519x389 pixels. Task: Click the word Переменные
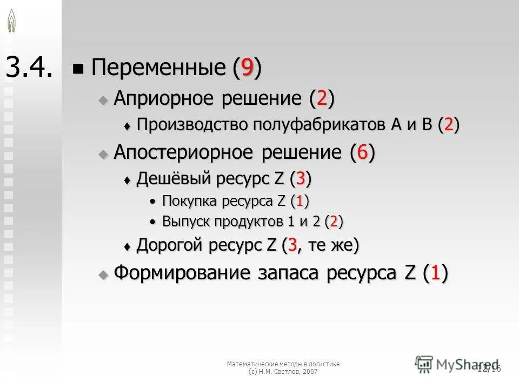click(x=158, y=68)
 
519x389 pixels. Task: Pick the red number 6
click(x=362, y=153)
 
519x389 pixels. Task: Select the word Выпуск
click(x=184, y=222)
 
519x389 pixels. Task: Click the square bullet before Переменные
click(x=79, y=69)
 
